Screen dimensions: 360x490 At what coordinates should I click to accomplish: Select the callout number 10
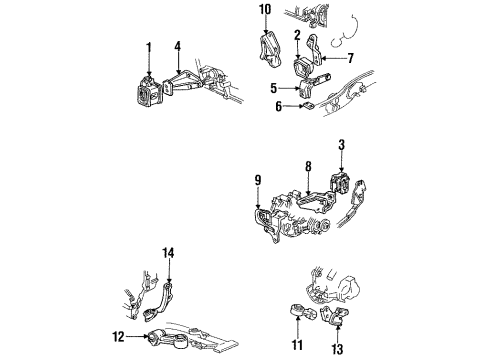point(265,11)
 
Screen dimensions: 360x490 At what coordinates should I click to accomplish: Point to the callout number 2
point(297,37)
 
